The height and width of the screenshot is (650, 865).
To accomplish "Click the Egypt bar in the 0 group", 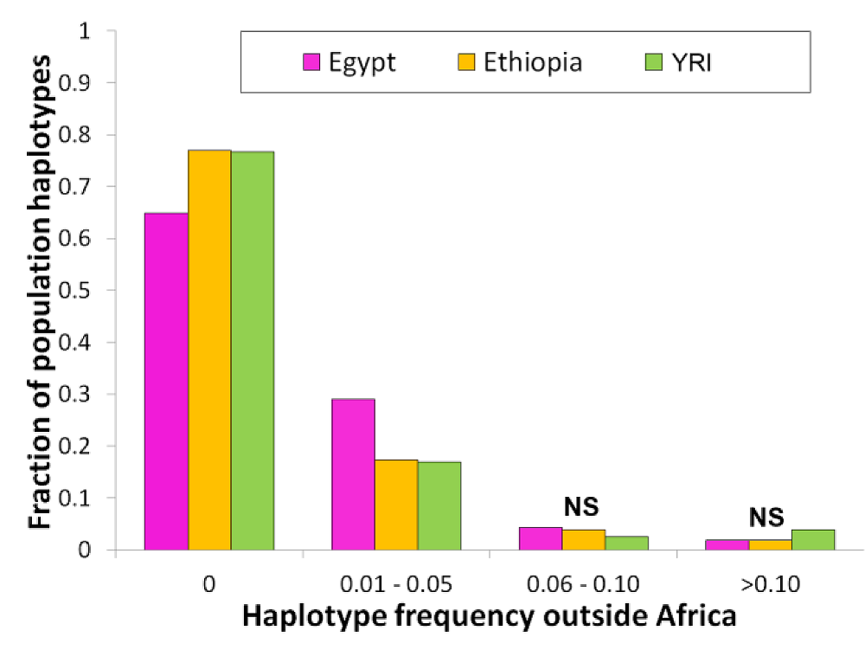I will [x=166, y=381].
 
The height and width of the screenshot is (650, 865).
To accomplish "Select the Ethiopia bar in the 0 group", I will [x=209, y=350].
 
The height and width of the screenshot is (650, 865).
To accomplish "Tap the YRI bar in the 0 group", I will [x=253, y=351].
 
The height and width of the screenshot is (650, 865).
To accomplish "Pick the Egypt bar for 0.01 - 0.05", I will [x=353, y=474].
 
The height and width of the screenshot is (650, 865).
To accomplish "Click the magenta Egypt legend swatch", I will [x=312, y=62].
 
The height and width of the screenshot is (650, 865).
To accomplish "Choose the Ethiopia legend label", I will [x=533, y=62].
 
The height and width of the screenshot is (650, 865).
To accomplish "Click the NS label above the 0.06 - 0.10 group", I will [x=582, y=505].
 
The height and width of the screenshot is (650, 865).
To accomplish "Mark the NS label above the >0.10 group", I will [x=766, y=517].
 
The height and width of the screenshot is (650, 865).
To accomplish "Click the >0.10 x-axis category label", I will [x=769, y=583].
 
